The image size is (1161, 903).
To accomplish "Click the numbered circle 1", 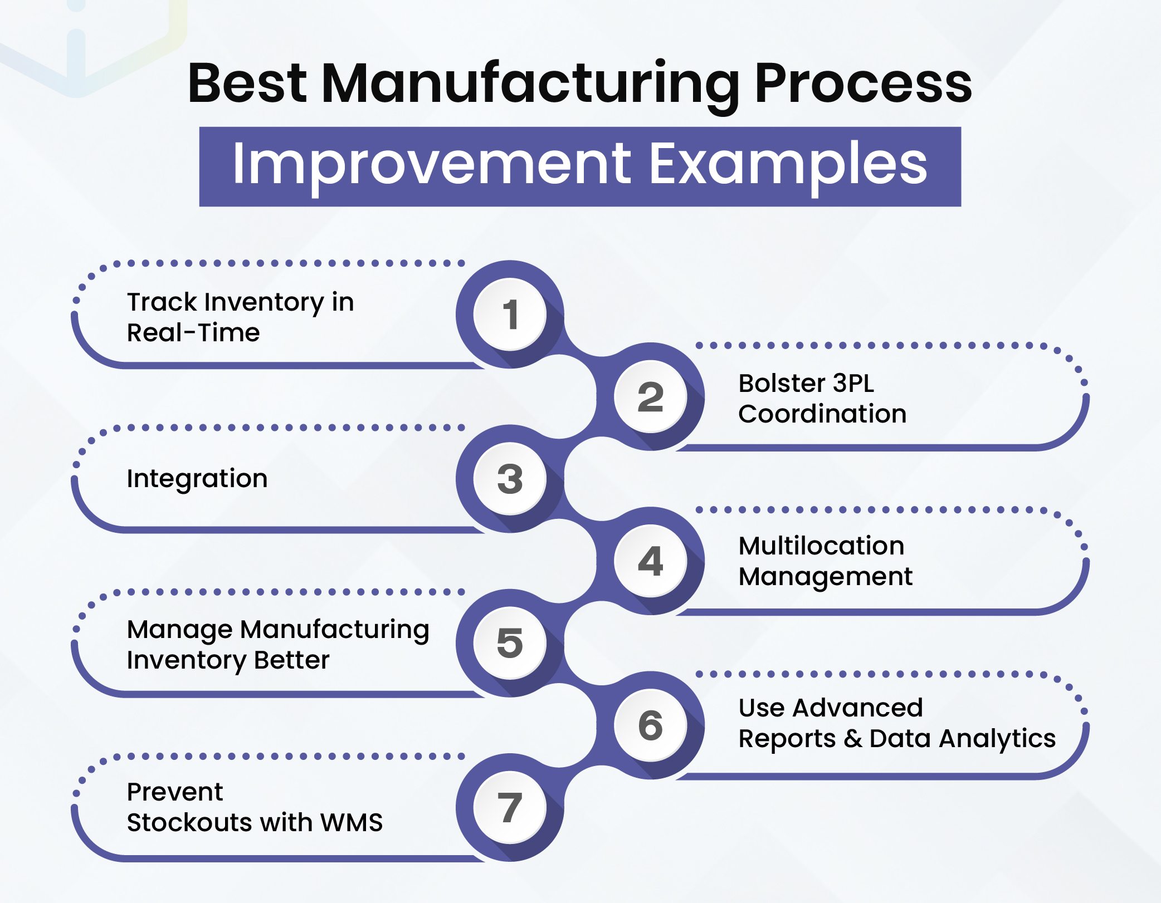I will tap(510, 315).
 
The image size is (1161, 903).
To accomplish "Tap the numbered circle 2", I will tap(650, 397).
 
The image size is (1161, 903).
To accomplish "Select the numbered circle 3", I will tap(510, 479).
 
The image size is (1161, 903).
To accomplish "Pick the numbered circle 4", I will tap(650, 561).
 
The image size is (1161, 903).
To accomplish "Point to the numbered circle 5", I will tap(510, 643).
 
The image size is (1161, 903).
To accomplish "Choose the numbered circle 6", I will tap(650, 725).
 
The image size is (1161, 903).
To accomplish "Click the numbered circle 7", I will tap(510, 807).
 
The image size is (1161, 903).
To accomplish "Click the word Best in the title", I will tap(247, 84).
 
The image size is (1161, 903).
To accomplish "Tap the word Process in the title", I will tap(863, 84).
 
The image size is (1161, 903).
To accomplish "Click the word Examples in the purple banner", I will tap(788, 165).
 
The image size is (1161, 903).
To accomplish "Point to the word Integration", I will tap(197, 479).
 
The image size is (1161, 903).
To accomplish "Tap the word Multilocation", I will tap(821, 546).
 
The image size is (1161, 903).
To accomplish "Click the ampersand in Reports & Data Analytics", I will tap(853, 739).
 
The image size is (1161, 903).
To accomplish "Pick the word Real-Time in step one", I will tap(193, 333).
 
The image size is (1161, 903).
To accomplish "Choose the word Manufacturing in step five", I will tap(334, 630).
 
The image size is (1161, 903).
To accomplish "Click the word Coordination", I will tap(822, 414).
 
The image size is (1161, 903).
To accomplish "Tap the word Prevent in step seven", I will tap(175, 792).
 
